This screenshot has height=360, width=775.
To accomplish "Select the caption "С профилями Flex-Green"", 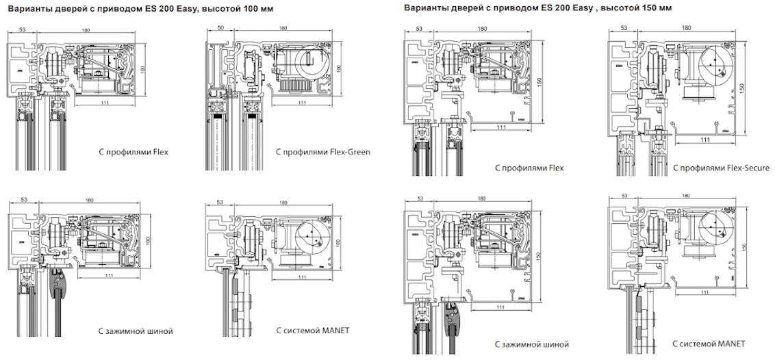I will pos(322,152).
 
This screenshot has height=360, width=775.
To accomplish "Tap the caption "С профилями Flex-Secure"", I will pos(721,168).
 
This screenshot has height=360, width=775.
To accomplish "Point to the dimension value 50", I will pos(220,28).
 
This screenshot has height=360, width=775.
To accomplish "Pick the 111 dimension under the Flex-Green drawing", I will pos(302,103).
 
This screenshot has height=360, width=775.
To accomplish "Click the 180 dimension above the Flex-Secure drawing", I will pos(686,28).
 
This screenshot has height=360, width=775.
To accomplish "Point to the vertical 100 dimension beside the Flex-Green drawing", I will pos(338,70).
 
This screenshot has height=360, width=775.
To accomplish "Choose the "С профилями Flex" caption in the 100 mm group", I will pos(133,152).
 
